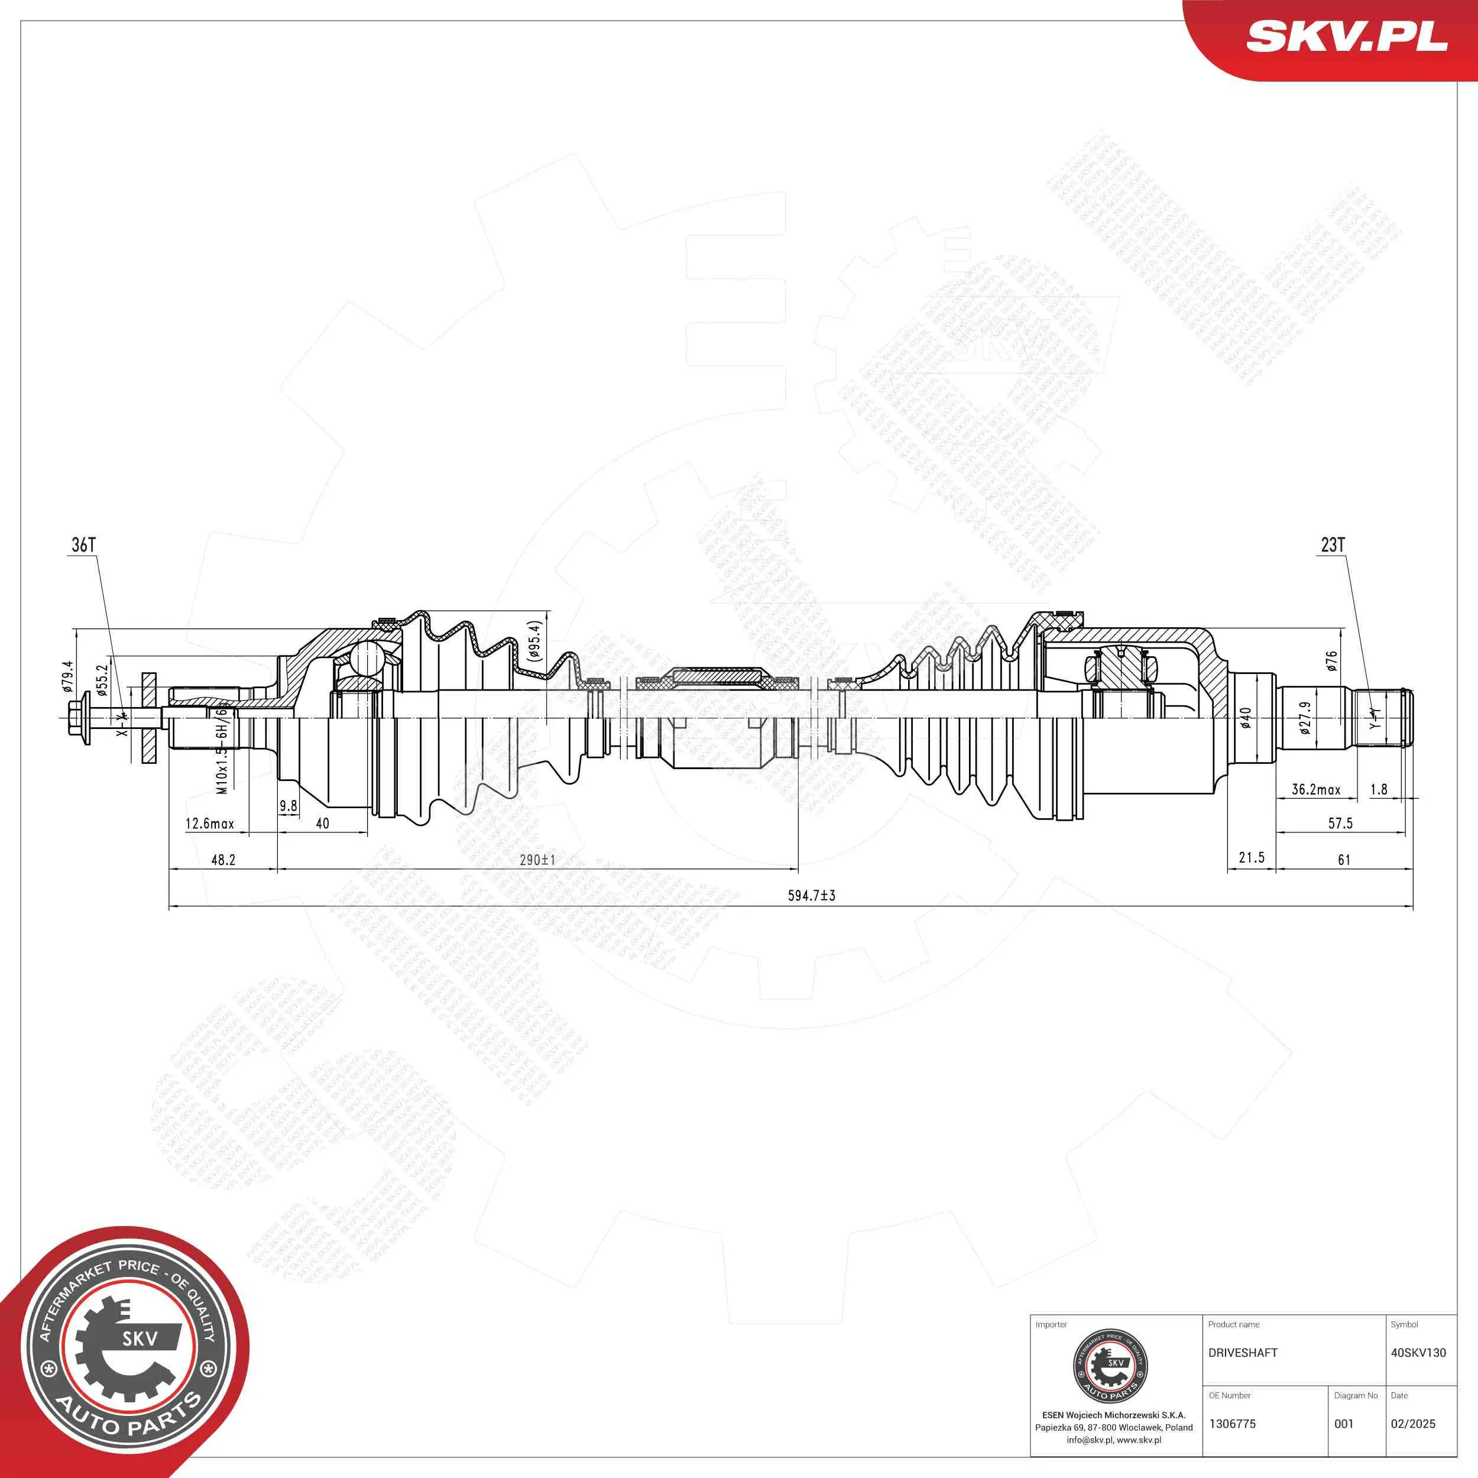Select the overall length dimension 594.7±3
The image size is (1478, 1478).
click(812, 896)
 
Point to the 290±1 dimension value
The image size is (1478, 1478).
click(537, 860)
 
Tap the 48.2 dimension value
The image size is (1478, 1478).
click(223, 860)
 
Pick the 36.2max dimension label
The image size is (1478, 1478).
click(1316, 789)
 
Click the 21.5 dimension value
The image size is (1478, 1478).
click(1252, 858)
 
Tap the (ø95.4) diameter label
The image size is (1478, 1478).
click(535, 641)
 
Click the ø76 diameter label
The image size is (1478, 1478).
click(1332, 661)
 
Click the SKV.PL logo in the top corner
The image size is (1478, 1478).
click(1346, 36)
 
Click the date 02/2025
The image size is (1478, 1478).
click(1412, 1424)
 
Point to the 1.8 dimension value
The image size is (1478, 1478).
click(1379, 789)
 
